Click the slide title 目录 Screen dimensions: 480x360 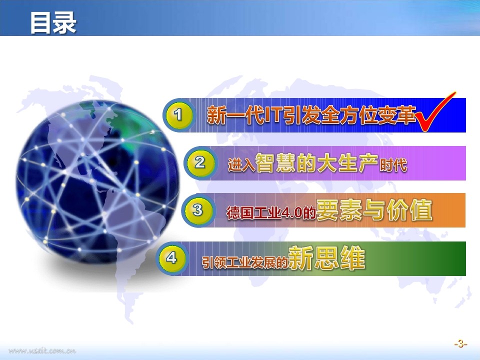[x=53, y=22]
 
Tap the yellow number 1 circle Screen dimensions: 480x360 [x=178, y=115]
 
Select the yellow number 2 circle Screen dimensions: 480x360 [x=199, y=162]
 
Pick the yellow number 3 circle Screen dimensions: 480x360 [x=198, y=210]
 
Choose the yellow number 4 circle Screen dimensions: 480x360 [x=171, y=258]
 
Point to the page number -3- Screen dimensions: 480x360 [x=460, y=344]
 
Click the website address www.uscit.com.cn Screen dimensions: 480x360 [x=42, y=351]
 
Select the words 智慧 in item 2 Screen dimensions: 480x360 [x=275, y=163]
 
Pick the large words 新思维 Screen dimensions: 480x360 [x=326, y=258]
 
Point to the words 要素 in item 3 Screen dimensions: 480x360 [x=339, y=210]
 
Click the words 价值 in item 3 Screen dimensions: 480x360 [x=409, y=210]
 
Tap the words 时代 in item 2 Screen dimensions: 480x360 [x=393, y=165]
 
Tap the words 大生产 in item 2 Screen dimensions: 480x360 [x=348, y=163]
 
